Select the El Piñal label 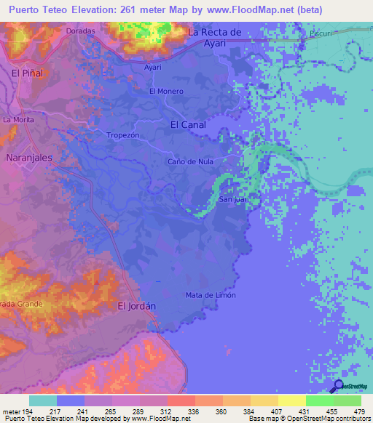pos(27,73)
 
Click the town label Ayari pos(152,67)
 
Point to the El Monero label pos(166,91)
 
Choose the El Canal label pos(187,124)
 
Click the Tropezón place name pos(122,135)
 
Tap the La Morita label pos(18,119)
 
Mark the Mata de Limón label pos(210,294)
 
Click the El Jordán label pos(137,306)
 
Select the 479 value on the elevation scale pos(358,411)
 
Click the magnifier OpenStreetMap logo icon pos(338,387)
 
